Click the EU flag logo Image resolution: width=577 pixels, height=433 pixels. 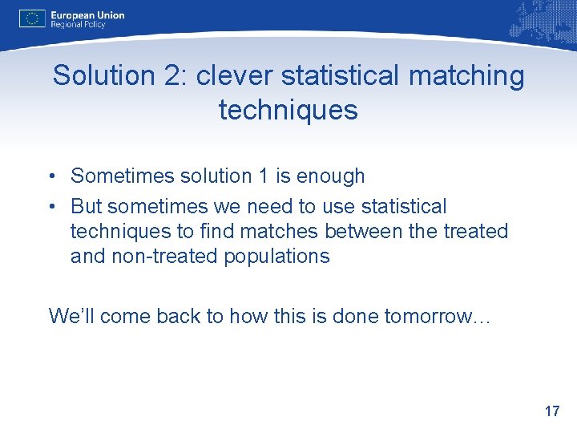coord(33,18)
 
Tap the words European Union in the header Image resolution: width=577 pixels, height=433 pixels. coord(87,14)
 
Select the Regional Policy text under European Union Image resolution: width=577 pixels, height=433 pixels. coord(78,25)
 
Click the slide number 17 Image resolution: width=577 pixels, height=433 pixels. coord(551,411)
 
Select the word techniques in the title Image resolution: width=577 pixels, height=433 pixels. coord(288,110)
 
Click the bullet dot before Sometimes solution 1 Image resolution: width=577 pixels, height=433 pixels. coord(51,176)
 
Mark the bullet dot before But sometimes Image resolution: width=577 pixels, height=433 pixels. coord(51,207)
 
